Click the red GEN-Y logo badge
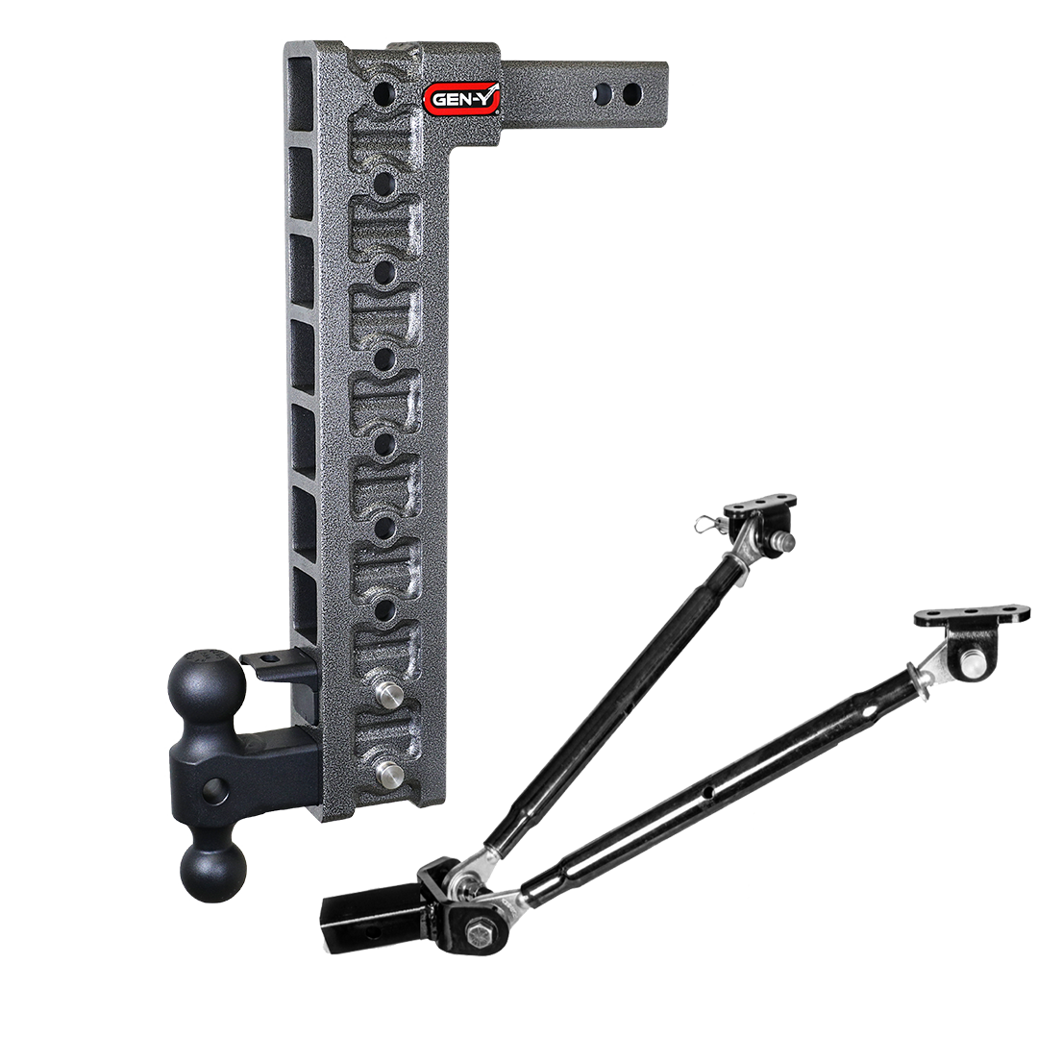click(x=460, y=96)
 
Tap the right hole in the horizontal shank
click(x=631, y=94)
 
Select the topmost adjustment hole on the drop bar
click(x=384, y=93)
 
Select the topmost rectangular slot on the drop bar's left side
click(x=300, y=78)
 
